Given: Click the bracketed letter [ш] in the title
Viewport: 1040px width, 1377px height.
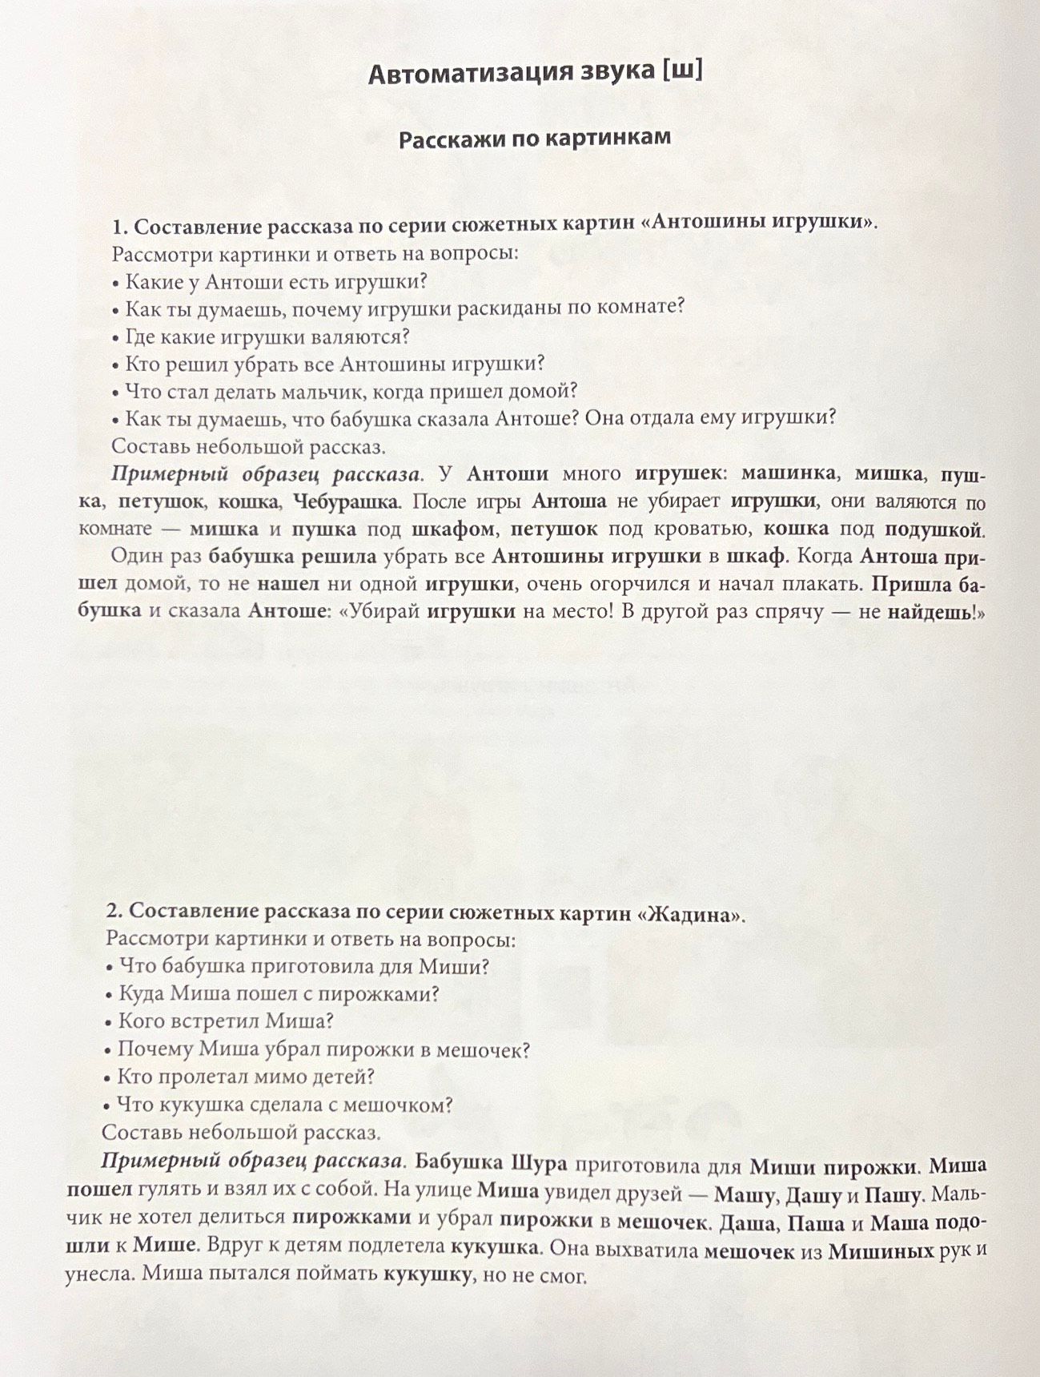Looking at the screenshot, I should pos(681,74).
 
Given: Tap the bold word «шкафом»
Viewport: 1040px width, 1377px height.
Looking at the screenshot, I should pos(454,529).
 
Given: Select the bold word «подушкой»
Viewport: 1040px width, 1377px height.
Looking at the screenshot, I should pos(934,529).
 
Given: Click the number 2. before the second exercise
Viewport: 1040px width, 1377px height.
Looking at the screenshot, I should pos(114,912).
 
